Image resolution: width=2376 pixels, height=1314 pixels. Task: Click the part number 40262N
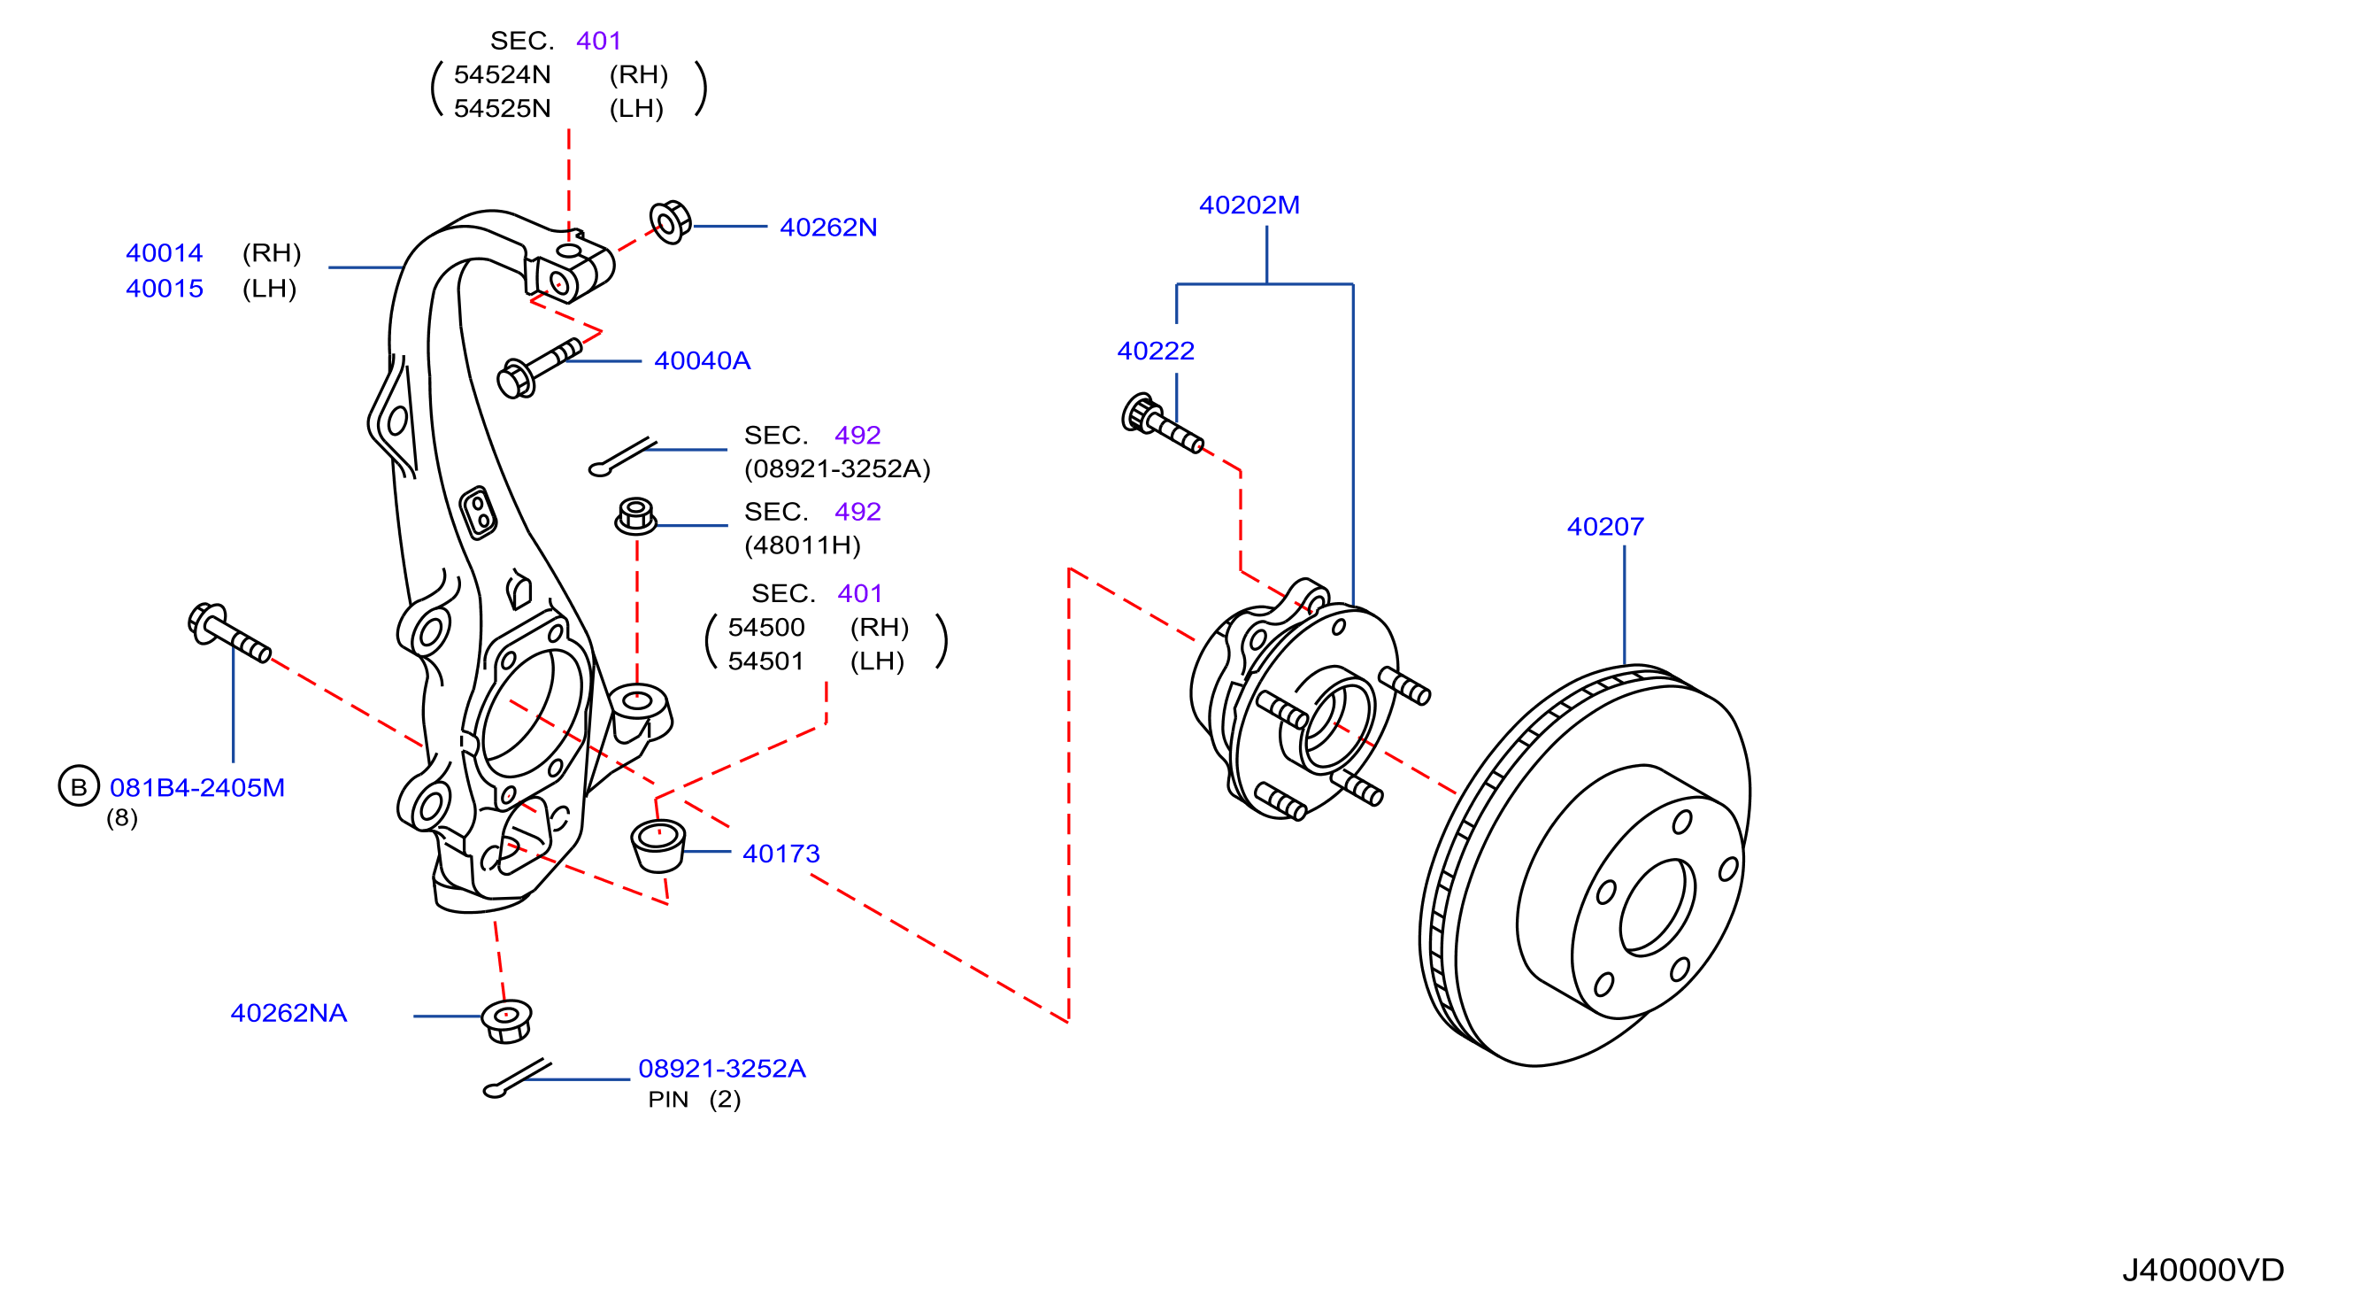(828, 227)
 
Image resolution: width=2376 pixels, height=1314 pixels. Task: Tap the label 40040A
(702, 360)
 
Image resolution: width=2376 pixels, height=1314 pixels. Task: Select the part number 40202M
(1249, 205)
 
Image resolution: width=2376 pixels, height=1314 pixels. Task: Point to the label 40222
(1156, 351)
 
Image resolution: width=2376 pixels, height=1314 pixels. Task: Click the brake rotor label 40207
(1605, 527)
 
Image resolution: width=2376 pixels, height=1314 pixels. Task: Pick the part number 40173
(781, 854)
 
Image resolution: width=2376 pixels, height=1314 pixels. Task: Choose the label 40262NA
(288, 1013)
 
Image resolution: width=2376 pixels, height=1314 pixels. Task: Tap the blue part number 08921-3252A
(722, 1069)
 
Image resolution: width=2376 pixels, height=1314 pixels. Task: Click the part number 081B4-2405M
(197, 788)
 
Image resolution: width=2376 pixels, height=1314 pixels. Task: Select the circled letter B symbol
(79, 786)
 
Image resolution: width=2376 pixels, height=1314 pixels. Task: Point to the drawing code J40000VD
(2203, 1270)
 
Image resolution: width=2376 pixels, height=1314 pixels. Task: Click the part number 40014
(165, 253)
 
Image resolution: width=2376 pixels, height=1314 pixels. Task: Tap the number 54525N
(502, 109)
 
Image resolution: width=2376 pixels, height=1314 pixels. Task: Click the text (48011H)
(803, 545)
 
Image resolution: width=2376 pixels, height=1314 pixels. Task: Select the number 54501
(765, 661)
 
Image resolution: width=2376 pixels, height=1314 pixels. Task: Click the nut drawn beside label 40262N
(671, 222)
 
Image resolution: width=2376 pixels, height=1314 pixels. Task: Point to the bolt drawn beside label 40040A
(539, 368)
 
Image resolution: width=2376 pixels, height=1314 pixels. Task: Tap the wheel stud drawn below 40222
(1162, 423)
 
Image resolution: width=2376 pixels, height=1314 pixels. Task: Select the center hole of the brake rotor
(1657, 907)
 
